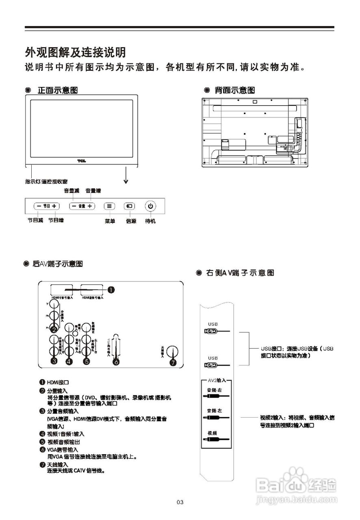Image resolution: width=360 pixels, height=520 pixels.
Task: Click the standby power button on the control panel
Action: (150, 206)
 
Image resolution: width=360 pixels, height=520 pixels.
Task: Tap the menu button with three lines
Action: (109, 206)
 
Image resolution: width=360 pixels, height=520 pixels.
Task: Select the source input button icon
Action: (129, 206)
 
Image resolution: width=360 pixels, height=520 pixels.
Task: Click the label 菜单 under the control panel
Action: (110, 221)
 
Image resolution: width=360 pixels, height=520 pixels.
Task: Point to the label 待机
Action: (150, 221)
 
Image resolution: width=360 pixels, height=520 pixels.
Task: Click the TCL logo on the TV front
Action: (82, 161)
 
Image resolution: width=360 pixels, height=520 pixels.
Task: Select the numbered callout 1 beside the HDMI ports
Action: (111, 289)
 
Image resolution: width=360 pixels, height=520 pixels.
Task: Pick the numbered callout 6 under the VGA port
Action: (116, 362)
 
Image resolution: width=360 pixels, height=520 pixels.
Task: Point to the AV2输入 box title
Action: (217, 380)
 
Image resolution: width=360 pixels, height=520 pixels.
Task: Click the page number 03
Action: (180, 503)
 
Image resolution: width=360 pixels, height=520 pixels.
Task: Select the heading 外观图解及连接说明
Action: (75, 52)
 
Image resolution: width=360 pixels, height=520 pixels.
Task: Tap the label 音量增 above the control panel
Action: (93, 191)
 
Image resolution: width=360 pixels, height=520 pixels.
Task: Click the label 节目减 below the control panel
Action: (35, 220)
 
